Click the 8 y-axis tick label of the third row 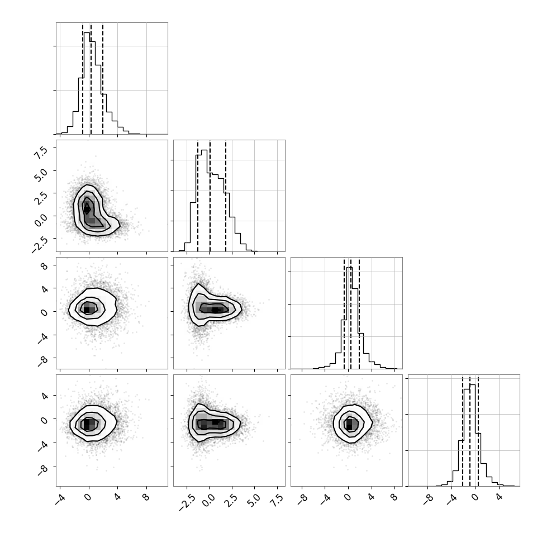(45, 266)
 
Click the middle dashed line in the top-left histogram (91, 78)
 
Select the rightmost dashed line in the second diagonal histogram (226, 196)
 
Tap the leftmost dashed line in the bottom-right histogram (463, 430)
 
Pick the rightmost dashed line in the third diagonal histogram (359, 313)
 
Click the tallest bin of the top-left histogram (87, 83)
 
